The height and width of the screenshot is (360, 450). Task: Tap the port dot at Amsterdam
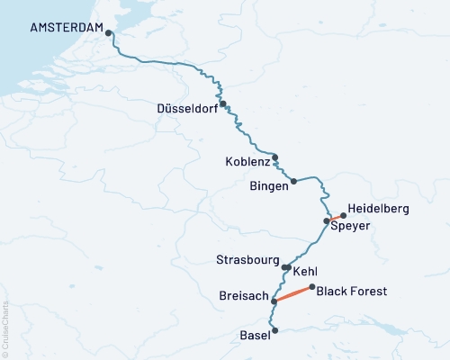109,33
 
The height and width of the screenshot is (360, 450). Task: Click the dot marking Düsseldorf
222,103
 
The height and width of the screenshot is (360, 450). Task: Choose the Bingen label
267,186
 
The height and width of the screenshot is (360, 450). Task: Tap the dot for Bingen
293,181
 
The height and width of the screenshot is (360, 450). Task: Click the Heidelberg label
378,209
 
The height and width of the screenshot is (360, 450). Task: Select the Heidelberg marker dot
343,215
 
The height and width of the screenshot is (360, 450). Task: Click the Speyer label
351,227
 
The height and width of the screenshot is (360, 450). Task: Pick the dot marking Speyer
327,220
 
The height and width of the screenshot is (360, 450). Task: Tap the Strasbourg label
247,260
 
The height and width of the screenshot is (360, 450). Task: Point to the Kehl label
306,271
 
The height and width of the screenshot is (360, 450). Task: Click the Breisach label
242,295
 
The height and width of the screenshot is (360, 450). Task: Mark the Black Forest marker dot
312,288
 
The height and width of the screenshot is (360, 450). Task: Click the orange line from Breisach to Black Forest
293,294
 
